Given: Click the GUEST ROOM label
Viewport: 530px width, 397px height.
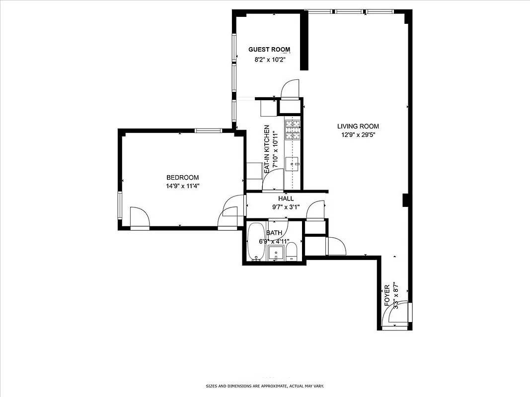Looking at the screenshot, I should coord(269,49).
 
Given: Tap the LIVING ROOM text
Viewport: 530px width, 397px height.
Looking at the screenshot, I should coord(358,127).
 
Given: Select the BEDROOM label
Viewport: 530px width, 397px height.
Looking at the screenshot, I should coord(182,178).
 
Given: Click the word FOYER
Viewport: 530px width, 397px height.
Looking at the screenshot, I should coord(387,296).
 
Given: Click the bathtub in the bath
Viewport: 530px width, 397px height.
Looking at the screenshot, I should coord(256,242).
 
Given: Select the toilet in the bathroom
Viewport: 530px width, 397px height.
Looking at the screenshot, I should coord(292,252).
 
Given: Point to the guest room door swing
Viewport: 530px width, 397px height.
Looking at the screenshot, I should coord(290,89).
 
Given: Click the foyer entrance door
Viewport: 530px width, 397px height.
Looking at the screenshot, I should coord(395,315).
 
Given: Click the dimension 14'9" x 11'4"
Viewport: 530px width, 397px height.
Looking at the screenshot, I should coord(182,186).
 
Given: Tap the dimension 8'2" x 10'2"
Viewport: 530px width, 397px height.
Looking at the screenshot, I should coord(269,60).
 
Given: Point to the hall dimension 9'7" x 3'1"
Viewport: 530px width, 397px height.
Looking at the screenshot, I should coord(286,207).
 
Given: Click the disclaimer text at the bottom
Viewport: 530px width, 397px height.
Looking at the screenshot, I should coord(265,386).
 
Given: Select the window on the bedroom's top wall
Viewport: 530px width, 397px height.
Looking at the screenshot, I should coord(208,131).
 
